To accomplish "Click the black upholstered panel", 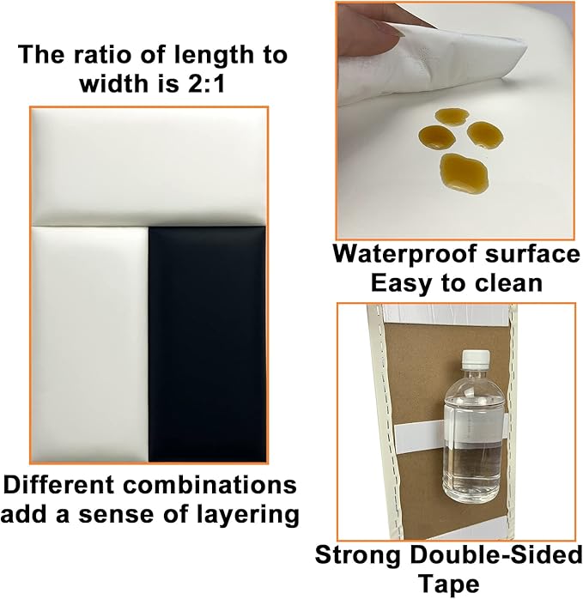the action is click(207, 344).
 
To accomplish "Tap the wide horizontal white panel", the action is click(149, 166).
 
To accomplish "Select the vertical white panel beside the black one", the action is click(89, 344).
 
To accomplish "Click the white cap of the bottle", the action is click(476, 359).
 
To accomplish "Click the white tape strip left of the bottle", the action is click(419, 436).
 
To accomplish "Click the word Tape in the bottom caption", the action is click(448, 584).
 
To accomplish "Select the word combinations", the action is click(210, 485).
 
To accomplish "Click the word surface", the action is click(532, 254).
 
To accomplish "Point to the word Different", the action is click(59, 485).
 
